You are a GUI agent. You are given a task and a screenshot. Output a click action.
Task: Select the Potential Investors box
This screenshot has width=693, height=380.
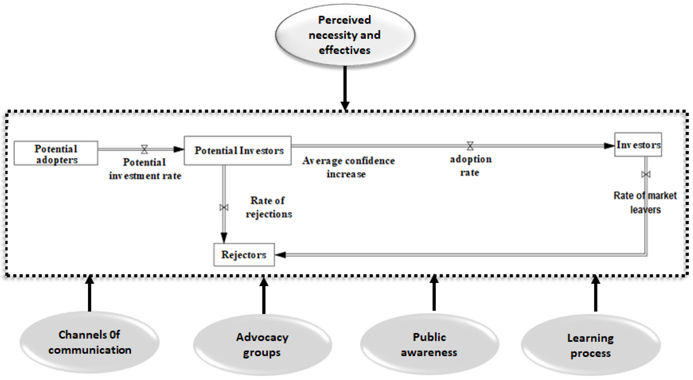(238, 151)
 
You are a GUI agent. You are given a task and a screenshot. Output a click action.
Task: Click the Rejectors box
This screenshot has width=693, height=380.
(244, 255)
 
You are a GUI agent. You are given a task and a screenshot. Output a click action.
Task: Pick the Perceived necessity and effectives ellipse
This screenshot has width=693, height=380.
(345, 35)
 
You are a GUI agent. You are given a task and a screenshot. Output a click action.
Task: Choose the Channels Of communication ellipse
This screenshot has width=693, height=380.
(89, 342)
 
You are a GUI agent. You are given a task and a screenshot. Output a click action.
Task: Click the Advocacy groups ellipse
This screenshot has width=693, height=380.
(262, 345)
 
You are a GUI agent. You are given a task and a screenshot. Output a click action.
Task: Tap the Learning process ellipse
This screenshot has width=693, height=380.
(591, 345)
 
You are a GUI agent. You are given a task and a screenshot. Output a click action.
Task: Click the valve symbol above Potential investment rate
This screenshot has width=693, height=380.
(144, 149)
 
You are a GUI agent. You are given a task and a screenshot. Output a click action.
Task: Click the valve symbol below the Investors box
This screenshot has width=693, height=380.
(646, 174)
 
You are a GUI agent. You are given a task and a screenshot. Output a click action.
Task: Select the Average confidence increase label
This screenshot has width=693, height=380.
(348, 167)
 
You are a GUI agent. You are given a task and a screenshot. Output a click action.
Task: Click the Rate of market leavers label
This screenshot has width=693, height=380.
(645, 202)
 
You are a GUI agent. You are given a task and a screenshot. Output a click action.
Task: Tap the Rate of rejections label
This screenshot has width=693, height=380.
(268, 207)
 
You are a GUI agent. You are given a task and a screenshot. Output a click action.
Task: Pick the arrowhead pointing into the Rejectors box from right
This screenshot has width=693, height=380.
(281, 255)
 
